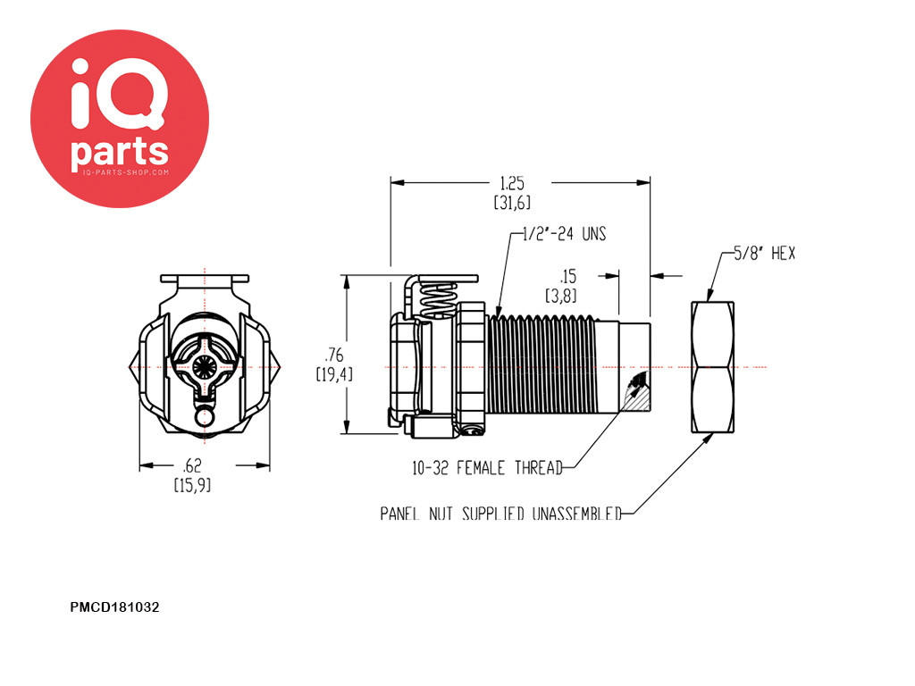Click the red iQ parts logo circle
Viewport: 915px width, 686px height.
click(x=120, y=119)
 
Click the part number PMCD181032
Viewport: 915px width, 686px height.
click(x=114, y=607)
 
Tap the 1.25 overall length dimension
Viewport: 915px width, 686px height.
click(x=512, y=184)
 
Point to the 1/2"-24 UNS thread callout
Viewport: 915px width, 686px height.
click(x=564, y=234)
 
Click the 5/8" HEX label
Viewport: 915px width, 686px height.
click(x=764, y=253)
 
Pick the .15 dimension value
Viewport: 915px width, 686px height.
click(x=567, y=276)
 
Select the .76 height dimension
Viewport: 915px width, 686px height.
click(x=334, y=355)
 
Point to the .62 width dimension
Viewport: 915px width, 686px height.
click(x=192, y=465)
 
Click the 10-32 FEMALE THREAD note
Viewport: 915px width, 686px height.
click(x=487, y=468)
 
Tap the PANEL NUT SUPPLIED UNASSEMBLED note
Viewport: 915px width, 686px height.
click(x=500, y=514)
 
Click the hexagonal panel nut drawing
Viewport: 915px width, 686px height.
click(x=712, y=367)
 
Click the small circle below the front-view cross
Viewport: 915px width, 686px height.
click(x=205, y=417)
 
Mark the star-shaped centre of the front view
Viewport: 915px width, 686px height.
click(x=205, y=367)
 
